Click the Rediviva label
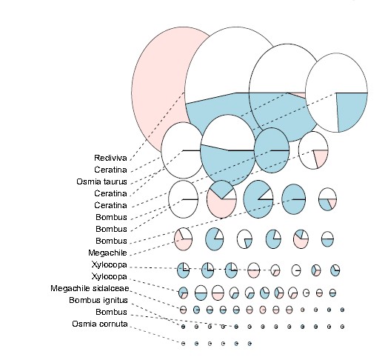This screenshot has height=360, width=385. click(x=110, y=158)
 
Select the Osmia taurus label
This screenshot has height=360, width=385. click(x=101, y=181)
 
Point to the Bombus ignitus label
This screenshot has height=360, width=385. click(x=98, y=300)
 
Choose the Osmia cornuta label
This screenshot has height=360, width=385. click(x=100, y=324)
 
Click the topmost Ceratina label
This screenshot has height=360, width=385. click(x=110, y=170)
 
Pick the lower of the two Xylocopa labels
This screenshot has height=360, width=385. click(x=110, y=276)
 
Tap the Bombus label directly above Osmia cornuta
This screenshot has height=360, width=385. click(x=111, y=312)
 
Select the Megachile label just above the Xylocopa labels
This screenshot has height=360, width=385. click(x=107, y=253)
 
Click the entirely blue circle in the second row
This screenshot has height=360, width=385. click(x=272, y=150)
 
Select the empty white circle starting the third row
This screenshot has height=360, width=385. click(x=184, y=199)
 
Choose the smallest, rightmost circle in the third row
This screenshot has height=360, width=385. click(x=327, y=199)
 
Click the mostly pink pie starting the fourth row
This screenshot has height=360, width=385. click(x=183, y=239)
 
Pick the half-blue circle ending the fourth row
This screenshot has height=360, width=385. click(x=327, y=239)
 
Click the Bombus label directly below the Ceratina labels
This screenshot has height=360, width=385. click(x=111, y=217)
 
